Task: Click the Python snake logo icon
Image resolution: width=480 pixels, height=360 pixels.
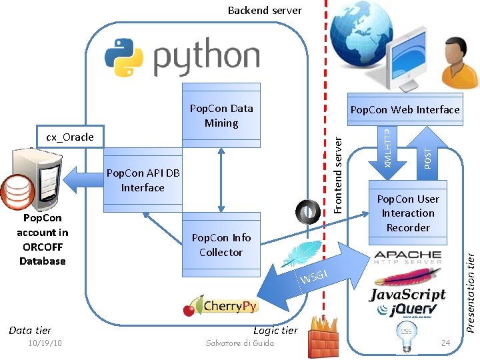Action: [x=124, y=57]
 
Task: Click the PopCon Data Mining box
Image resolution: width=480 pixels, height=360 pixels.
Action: [x=221, y=115]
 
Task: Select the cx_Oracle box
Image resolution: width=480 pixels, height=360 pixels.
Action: [x=69, y=137]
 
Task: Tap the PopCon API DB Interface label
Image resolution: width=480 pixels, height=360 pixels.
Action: [x=143, y=181]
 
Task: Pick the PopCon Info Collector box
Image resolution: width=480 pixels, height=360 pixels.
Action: [x=221, y=245]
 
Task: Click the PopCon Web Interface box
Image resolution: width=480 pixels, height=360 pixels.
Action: [x=405, y=109]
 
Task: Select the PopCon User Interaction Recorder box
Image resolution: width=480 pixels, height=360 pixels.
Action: [x=407, y=213]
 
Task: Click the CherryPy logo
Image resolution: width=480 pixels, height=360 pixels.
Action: [x=221, y=306]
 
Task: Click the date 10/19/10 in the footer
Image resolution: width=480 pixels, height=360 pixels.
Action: [x=45, y=343]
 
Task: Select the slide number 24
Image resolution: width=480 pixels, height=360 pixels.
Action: [x=446, y=343]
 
